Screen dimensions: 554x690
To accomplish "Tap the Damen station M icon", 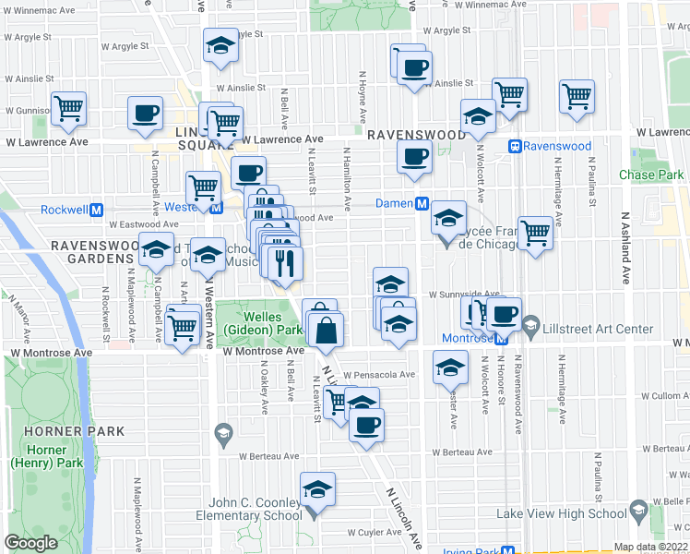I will (x=422, y=203).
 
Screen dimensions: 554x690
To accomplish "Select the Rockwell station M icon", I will (x=95, y=210).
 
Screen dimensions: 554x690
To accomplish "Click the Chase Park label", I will (x=651, y=175).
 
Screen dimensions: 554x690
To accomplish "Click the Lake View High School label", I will (x=562, y=513).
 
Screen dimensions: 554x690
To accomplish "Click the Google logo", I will (x=30, y=542).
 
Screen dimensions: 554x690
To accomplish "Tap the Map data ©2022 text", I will (x=650, y=547).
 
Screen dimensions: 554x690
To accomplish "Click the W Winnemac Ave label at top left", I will (x=40, y=13).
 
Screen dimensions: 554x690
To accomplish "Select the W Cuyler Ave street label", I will (x=375, y=533).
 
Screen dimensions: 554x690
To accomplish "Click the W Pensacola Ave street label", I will (x=379, y=375).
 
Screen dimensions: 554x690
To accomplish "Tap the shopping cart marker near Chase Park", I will (x=577, y=95).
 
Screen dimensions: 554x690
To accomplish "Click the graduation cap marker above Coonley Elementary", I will (x=317, y=489).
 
